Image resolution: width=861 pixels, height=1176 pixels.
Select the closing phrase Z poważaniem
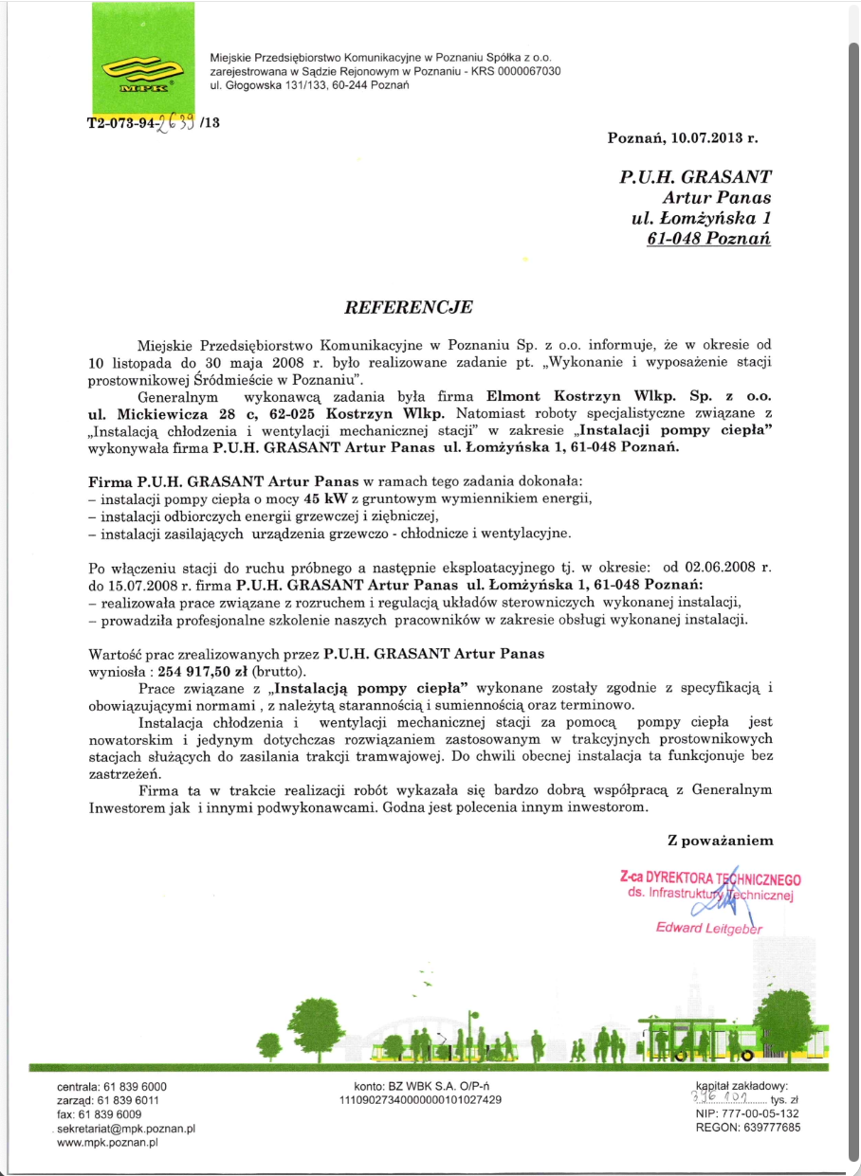720,840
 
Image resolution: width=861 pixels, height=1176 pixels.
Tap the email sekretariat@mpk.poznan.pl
126,1129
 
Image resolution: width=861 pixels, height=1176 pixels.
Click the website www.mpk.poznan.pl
106,1143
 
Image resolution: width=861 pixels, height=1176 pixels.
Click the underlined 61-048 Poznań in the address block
709,239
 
